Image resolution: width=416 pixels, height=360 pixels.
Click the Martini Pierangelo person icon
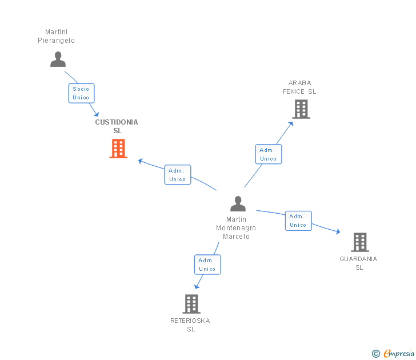pyautogui.click(x=58, y=59)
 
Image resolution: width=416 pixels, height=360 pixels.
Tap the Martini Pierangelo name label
pyautogui.click(x=56, y=37)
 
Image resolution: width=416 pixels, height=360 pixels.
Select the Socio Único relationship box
pyautogui.click(x=81, y=93)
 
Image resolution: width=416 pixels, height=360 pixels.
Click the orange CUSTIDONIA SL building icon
pyautogui.click(x=118, y=149)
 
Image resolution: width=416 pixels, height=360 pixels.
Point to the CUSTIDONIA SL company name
pyautogui.click(x=117, y=126)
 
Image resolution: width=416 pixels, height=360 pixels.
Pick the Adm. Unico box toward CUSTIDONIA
pyautogui.click(x=178, y=175)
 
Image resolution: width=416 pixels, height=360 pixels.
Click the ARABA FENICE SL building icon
pyautogui.click(x=301, y=109)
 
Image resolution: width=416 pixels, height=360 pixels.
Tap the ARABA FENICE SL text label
pyautogui.click(x=299, y=87)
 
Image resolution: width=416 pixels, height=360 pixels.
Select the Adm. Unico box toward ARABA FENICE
pyautogui.click(x=268, y=154)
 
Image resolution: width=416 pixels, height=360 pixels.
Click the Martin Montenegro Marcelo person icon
pyautogui.click(x=238, y=204)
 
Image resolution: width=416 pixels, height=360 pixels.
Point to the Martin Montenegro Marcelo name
pyautogui.click(x=236, y=228)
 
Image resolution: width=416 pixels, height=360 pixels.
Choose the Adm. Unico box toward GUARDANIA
pyautogui.click(x=298, y=221)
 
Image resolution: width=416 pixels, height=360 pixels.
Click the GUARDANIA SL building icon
pyautogui.click(x=359, y=242)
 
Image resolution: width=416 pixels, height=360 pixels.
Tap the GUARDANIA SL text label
pyautogui.click(x=358, y=263)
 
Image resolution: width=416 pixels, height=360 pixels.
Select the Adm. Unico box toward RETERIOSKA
pyautogui.click(x=207, y=265)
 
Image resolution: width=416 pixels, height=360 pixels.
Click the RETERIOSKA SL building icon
pyautogui.click(x=191, y=304)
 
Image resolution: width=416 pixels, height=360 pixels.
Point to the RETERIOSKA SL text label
pyautogui.click(x=190, y=325)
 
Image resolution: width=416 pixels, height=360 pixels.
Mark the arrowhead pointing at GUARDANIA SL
pyautogui.click(x=338, y=232)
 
